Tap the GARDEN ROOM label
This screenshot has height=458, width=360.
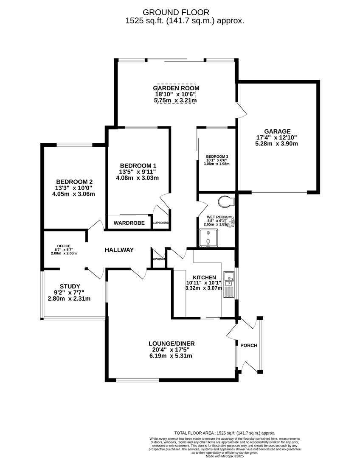[176, 88]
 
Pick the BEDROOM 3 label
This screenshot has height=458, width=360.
[217, 156]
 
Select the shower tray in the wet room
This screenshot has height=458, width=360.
[208, 238]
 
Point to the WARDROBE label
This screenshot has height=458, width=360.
[129, 223]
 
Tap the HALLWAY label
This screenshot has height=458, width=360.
[119, 250]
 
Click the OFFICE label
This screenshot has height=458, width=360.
[64, 246]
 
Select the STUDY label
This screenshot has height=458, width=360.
[69, 286]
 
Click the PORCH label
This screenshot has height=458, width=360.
[249, 346]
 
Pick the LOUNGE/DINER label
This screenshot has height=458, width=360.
[171, 343]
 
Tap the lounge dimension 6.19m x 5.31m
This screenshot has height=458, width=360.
[171, 356]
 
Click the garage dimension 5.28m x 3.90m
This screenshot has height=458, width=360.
[276, 144]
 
